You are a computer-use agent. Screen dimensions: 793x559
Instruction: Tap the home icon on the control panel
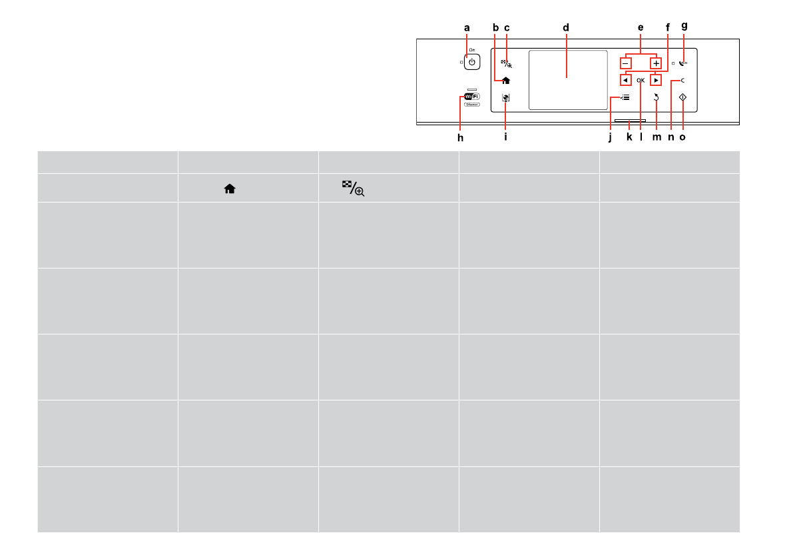[506, 81]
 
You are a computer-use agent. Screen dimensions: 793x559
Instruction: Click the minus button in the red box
[625, 63]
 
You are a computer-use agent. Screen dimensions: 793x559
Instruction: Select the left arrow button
[625, 80]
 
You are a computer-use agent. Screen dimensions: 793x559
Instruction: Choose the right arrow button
[656, 80]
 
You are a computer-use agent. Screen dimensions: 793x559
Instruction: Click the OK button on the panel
[641, 80]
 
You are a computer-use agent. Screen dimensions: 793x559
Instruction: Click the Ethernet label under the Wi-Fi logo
[472, 105]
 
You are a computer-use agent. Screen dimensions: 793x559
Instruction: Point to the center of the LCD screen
[568, 80]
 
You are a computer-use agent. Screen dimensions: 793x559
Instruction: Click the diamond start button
[682, 97]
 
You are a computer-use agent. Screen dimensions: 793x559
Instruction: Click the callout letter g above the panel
[684, 26]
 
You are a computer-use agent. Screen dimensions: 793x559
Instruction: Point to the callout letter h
[459, 138]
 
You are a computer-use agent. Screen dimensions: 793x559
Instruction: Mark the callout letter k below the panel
[629, 138]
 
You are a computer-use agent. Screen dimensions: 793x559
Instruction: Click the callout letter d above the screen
[566, 28]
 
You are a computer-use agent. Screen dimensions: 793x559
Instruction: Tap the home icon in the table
[230, 189]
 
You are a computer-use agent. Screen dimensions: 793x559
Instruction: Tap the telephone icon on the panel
[683, 63]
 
